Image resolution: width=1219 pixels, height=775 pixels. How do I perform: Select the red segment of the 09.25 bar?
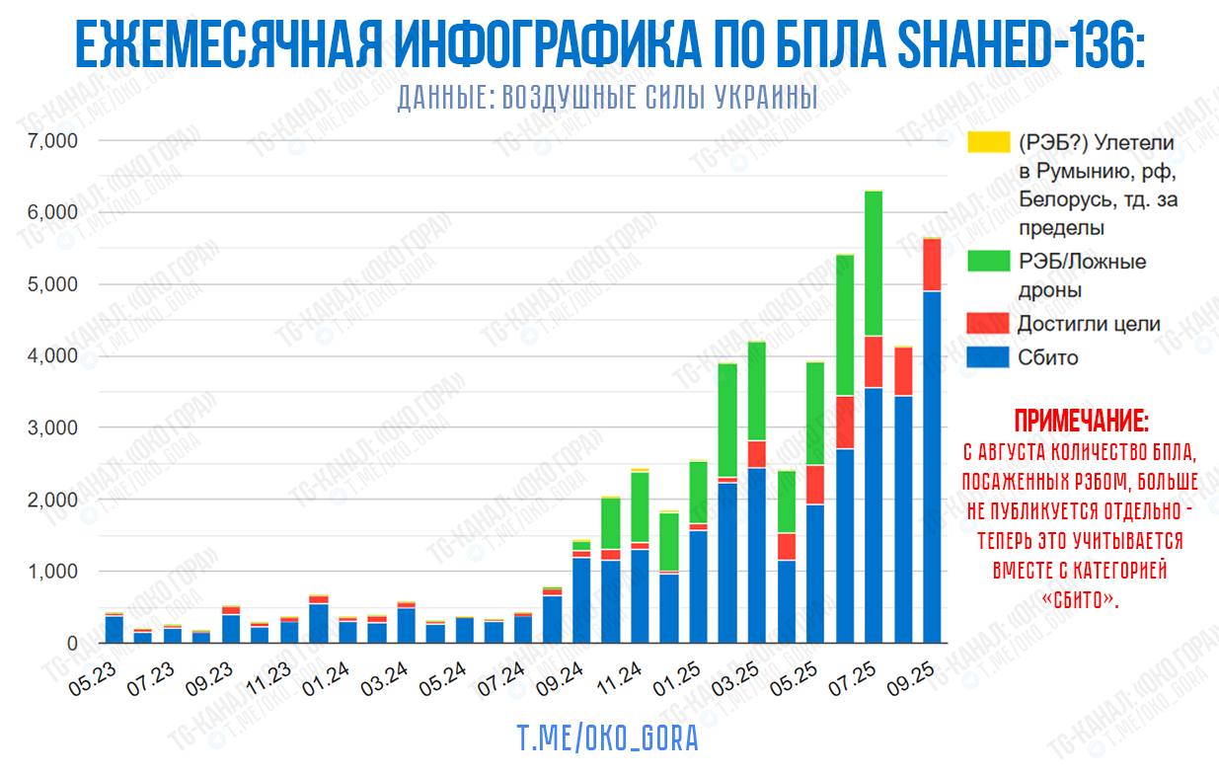pyautogui.click(x=931, y=265)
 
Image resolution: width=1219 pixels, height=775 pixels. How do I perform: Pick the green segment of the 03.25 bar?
pyautogui.click(x=757, y=391)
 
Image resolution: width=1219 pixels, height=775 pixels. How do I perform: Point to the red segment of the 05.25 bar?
pyautogui.click(x=815, y=484)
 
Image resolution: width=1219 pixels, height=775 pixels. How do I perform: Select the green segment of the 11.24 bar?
pyautogui.click(x=640, y=507)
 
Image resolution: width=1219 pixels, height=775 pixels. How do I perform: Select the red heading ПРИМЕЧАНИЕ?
pyautogui.click(x=1081, y=423)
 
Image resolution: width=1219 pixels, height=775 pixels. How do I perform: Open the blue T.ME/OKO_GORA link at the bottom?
pyautogui.click(x=608, y=738)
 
